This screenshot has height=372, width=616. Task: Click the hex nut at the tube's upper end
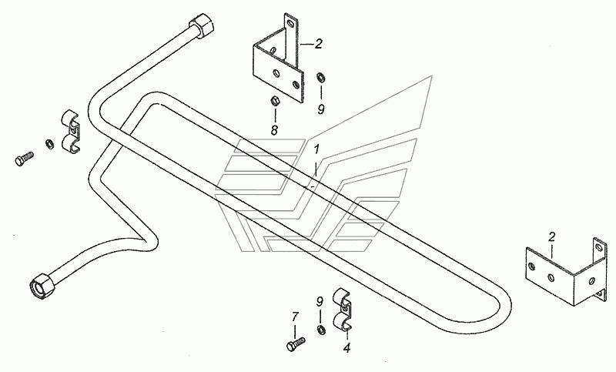[x=203, y=25]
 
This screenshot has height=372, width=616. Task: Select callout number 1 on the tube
[x=316, y=149]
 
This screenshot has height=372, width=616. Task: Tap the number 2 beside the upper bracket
[x=318, y=44]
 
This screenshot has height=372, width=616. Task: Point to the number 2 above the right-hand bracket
[x=552, y=237]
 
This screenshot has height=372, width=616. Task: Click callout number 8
[x=274, y=130]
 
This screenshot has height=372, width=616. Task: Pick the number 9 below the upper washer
[x=321, y=109]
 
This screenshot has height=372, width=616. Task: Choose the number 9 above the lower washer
[x=320, y=302]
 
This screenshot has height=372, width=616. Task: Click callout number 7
[x=295, y=317]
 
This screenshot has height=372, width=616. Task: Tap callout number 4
[x=346, y=348]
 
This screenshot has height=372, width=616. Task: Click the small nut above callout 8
[x=275, y=101]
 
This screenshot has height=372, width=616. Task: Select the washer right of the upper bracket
[x=320, y=77]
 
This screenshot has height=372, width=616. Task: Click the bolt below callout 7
[x=296, y=344]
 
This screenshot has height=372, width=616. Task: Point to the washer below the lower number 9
[x=320, y=330]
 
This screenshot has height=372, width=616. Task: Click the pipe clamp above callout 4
[x=342, y=310]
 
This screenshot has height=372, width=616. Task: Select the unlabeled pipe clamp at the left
[x=71, y=132]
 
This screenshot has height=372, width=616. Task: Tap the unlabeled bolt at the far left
[x=24, y=159]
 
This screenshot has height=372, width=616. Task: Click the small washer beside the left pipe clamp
[x=49, y=144]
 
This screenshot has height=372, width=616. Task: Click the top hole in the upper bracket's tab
[x=290, y=23]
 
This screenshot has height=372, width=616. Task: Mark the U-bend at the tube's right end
[x=503, y=310]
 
